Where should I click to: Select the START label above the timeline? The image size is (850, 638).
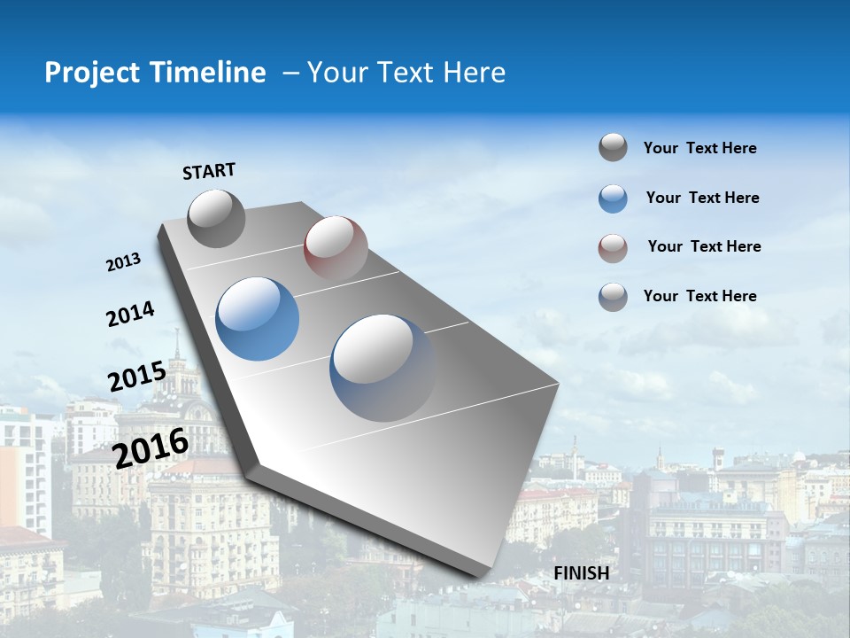tap(209, 171)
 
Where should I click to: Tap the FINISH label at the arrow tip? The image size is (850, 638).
tap(582, 573)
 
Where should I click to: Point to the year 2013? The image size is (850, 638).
tap(123, 262)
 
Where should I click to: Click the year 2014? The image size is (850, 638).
tap(130, 315)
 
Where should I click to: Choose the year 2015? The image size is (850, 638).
tap(136, 377)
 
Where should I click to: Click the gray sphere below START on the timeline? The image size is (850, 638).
tap(216, 219)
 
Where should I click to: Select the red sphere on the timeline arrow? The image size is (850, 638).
tap(336, 247)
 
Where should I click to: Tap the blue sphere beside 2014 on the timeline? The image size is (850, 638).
tap(258, 319)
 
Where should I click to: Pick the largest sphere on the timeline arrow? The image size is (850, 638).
tap(383, 368)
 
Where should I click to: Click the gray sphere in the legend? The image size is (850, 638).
tap(613, 147)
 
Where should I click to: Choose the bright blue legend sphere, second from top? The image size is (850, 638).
tap(613, 198)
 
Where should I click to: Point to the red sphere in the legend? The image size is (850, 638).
tap(613, 248)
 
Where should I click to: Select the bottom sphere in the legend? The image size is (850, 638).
tap(613, 297)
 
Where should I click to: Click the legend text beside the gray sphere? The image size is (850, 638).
tap(699, 148)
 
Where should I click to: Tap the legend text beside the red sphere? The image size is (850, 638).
tap(704, 246)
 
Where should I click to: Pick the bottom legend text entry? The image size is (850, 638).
tap(699, 296)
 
